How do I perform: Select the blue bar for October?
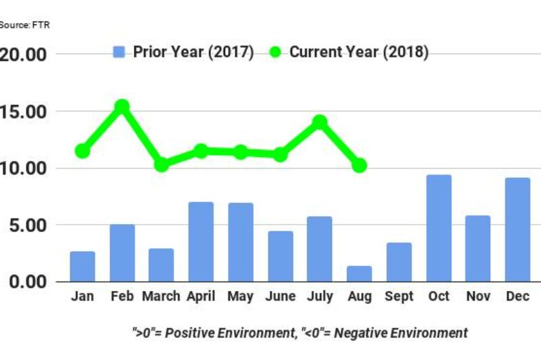click(439, 228)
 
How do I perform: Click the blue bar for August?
click(359, 273)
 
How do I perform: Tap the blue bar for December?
click(518, 229)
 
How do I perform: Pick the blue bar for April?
click(201, 242)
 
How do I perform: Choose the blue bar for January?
click(83, 266)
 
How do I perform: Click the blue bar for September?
click(399, 262)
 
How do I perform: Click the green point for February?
click(122, 106)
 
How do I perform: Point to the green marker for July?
click(320, 122)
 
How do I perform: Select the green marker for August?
click(359, 165)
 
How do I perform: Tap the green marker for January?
click(83, 151)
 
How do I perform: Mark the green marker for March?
click(161, 164)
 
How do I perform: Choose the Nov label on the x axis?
click(478, 296)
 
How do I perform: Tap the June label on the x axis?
click(280, 296)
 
